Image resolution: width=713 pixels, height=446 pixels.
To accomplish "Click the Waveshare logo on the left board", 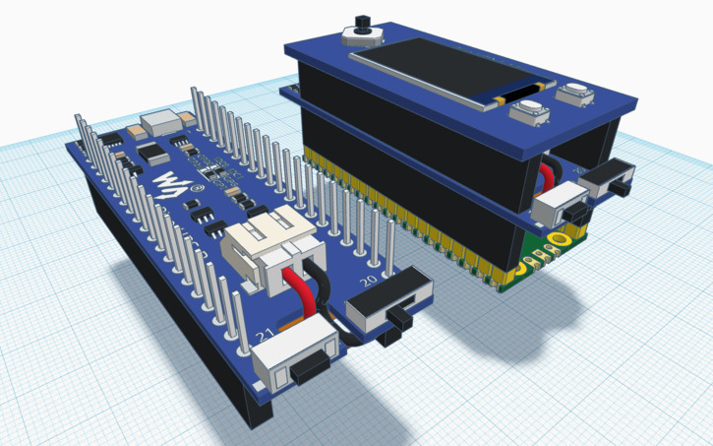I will (170, 184).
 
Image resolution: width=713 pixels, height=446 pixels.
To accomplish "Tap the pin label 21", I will (264, 337).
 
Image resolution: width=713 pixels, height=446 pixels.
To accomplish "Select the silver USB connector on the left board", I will (159, 123).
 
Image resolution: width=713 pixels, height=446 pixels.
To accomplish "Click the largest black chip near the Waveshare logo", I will (151, 153).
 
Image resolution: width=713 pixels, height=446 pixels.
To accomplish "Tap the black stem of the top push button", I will (361, 22).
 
